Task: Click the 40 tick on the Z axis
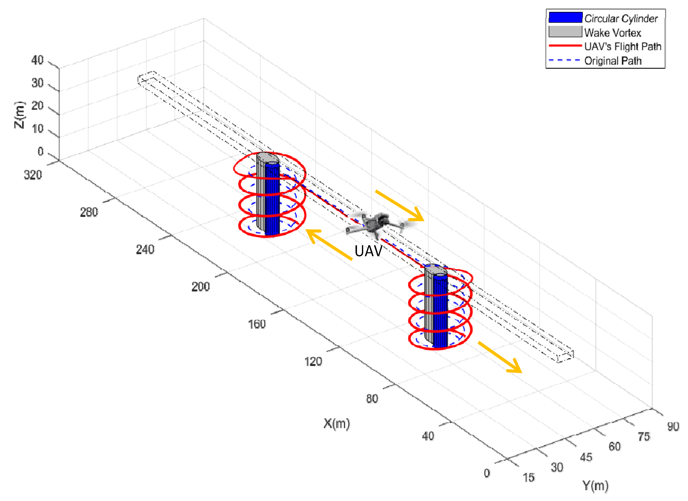pos(37,60)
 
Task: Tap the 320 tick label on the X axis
pos(33,175)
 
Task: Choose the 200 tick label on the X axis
pos(200,287)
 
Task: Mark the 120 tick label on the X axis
pos(313,361)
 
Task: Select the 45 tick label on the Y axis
pos(586,457)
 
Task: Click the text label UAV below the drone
pos(368,251)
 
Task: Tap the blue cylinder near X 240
pos(272,200)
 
